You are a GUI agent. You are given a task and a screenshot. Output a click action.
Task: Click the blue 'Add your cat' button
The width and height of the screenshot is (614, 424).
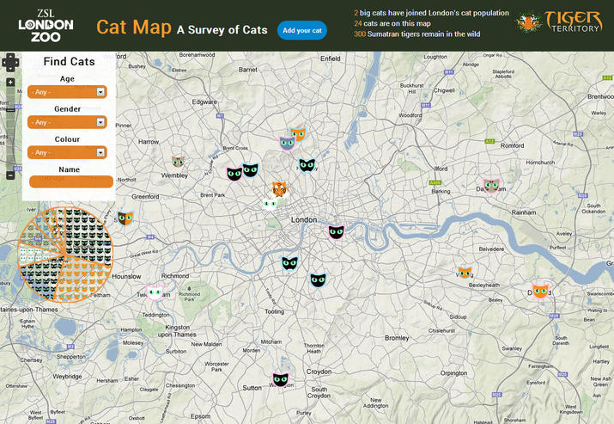(302, 31)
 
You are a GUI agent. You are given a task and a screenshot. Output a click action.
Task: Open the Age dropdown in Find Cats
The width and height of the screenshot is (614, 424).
(68, 91)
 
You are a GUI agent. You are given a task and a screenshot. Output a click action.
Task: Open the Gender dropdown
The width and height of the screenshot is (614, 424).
(68, 122)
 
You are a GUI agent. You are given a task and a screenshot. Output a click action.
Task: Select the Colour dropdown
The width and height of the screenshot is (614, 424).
(68, 152)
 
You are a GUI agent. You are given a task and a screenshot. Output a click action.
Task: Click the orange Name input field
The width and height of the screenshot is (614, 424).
(72, 181)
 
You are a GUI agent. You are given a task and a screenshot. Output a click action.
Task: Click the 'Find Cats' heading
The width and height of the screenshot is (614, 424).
(69, 62)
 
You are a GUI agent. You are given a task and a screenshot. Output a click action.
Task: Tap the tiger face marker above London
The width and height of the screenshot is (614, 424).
(280, 188)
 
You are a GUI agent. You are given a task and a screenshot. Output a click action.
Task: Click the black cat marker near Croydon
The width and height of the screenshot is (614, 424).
(280, 379)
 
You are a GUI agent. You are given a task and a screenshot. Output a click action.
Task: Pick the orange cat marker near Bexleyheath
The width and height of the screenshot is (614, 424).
(465, 273)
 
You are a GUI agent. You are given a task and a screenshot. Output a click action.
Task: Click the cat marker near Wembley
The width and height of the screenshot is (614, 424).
(178, 161)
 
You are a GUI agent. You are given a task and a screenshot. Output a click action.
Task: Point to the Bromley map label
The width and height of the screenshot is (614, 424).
(397, 338)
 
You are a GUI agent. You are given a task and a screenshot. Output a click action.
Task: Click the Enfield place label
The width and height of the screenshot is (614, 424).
(330, 58)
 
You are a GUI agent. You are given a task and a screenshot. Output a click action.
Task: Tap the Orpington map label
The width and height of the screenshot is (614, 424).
(453, 373)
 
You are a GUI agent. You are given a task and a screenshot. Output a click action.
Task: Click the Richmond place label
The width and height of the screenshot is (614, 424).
(174, 276)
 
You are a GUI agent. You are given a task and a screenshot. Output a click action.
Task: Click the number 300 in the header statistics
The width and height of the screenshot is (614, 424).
(360, 34)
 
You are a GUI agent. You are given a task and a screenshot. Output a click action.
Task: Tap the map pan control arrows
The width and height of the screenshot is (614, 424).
(10, 62)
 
